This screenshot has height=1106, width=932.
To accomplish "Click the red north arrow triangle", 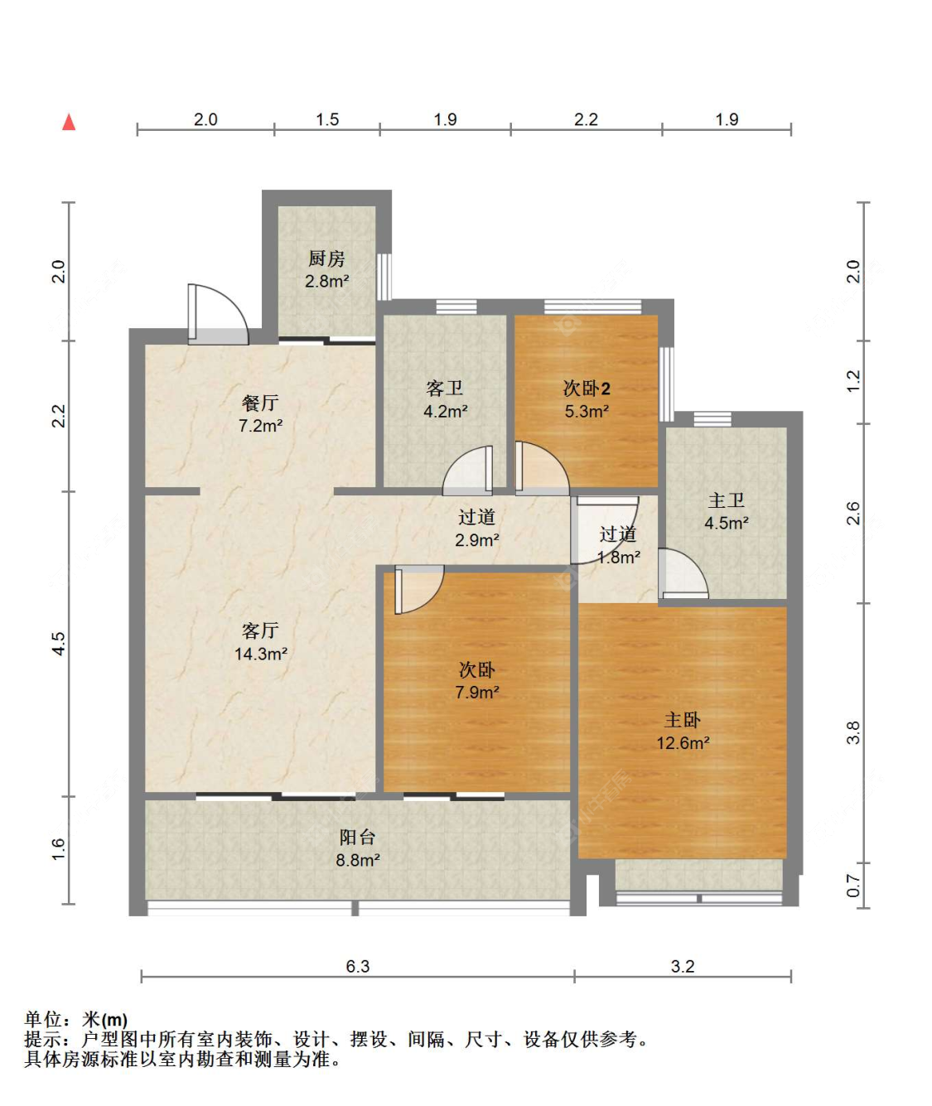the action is [69, 122].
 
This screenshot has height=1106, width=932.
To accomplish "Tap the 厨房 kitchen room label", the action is [326, 258].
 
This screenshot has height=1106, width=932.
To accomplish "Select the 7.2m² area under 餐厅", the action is [260, 425].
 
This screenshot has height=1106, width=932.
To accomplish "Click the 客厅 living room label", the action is [259, 630].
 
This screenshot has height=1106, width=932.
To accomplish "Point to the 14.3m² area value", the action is [261, 654].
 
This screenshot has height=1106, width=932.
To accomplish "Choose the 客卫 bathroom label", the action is [445, 389].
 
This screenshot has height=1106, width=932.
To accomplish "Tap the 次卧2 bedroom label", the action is [586, 389].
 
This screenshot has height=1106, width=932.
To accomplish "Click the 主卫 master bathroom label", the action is [726, 500].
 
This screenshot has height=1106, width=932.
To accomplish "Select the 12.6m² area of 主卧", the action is [683, 742].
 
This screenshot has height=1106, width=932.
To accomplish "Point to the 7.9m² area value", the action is [477, 692].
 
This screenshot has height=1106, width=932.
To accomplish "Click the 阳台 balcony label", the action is [357, 837].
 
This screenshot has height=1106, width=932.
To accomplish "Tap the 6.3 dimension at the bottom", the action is [358, 966].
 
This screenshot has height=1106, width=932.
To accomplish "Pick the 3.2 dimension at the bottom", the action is [683, 966].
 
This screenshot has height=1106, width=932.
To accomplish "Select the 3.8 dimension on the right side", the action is [853, 732].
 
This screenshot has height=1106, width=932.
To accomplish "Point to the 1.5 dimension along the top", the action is [327, 119].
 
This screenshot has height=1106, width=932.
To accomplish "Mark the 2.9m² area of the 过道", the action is [477, 540].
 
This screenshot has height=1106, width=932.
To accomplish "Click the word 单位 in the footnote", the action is [42, 1020].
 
